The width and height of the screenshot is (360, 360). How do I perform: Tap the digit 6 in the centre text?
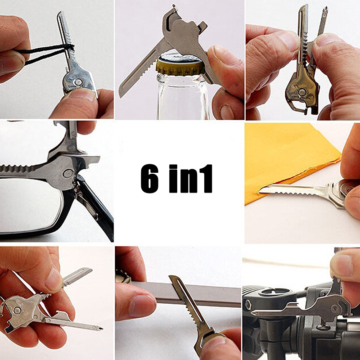(x=149, y=178)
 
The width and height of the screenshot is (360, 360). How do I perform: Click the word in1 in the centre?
(x=191, y=178)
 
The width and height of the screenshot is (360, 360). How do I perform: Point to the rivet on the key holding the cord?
(x=78, y=82)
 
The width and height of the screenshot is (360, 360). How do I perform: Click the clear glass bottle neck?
(x=183, y=96)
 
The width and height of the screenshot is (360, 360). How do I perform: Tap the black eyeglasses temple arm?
(x=96, y=207)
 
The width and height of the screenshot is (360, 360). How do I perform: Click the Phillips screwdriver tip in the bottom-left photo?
(x=100, y=328)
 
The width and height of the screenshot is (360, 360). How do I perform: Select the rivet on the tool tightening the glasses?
(x=68, y=173)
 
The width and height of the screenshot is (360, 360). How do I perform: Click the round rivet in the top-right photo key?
(x=301, y=92)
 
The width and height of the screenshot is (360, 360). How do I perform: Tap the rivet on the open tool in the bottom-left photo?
(x=17, y=310)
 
